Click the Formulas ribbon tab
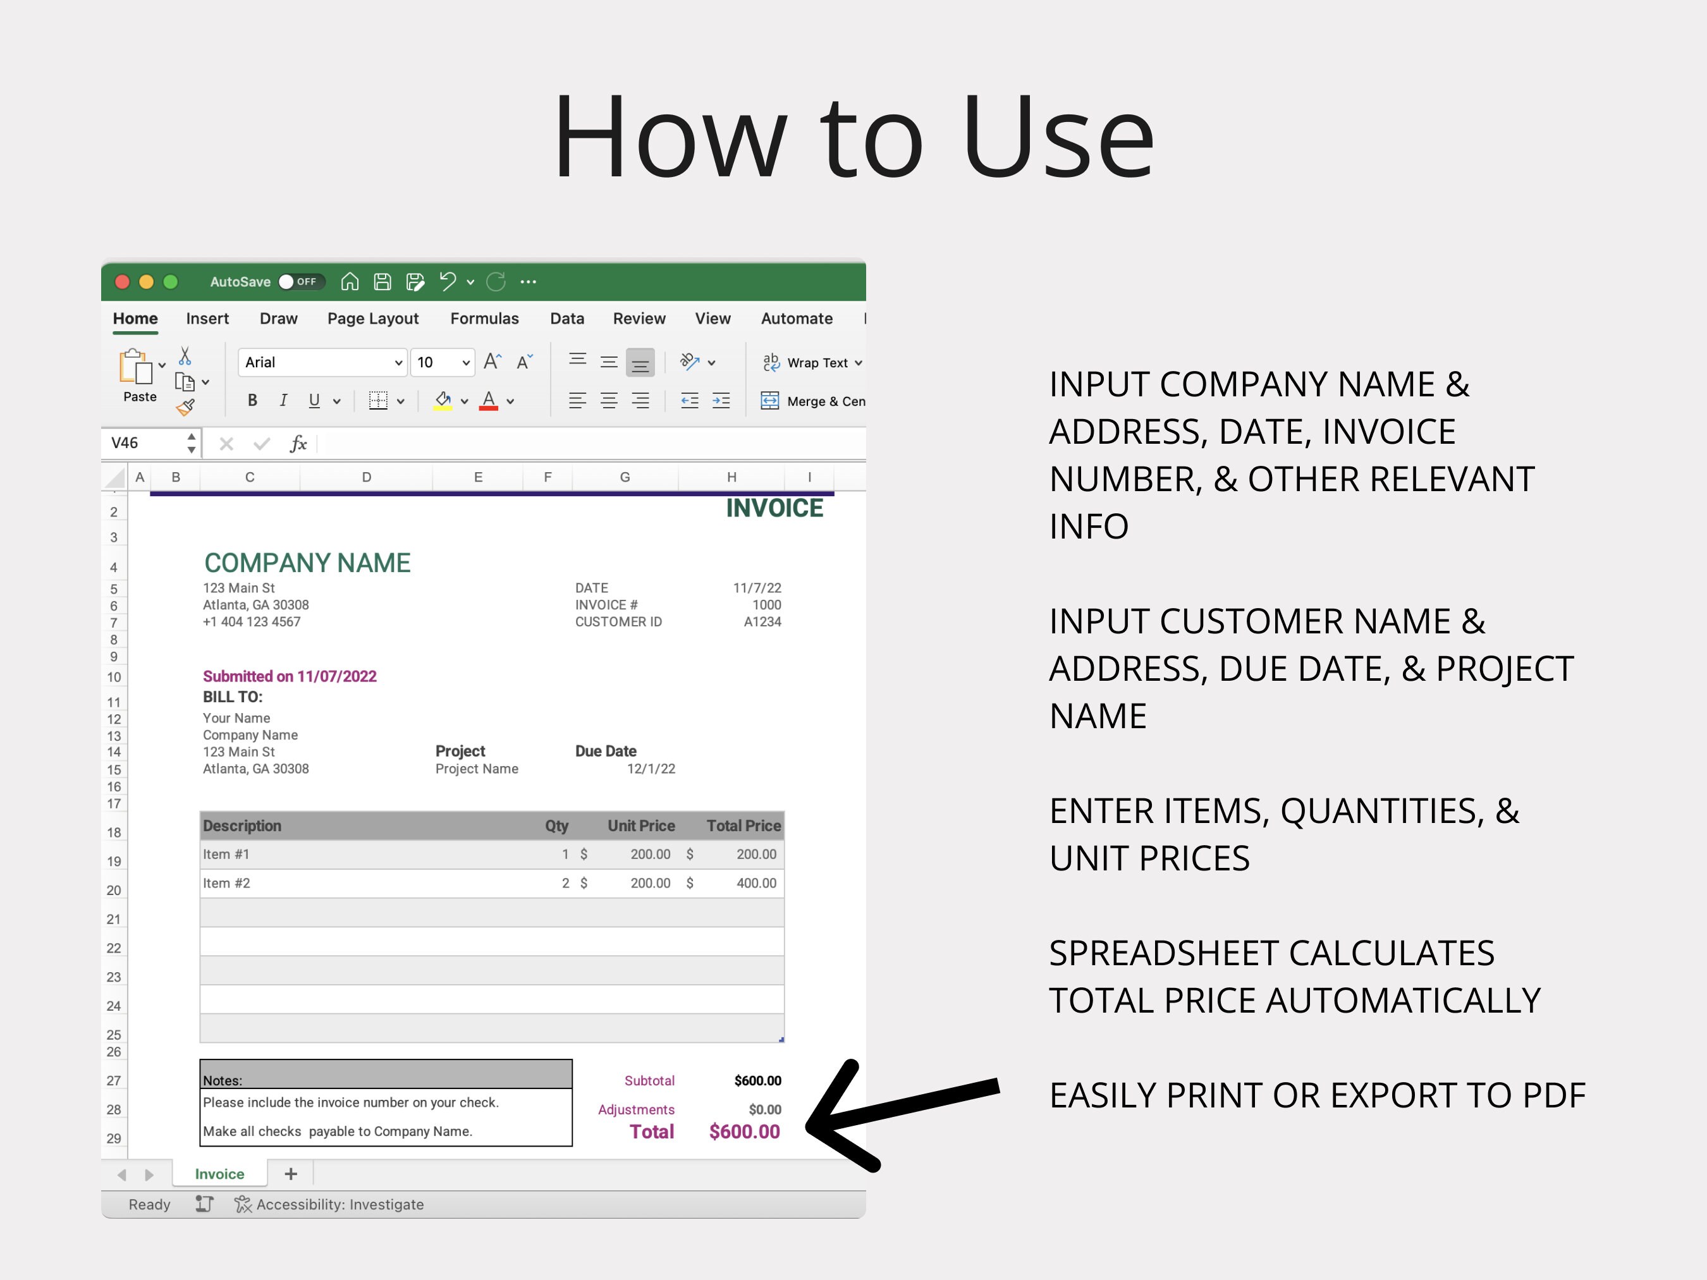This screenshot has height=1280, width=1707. (x=484, y=319)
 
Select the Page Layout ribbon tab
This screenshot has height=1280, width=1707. (x=373, y=319)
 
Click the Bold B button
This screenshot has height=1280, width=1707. (x=252, y=400)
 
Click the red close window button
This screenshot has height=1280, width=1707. (x=122, y=282)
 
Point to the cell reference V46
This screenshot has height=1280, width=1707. (x=125, y=443)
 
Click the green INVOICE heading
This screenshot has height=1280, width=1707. (x=774, y=508)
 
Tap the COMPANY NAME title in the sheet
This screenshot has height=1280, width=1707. (x=307, y=563)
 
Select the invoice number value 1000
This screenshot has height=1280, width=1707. (x=766, y=605)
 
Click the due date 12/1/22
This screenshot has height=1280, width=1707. (x=651, y=769)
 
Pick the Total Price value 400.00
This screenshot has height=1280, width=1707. (x=756, y=882)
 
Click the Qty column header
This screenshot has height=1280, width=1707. (x=556, y=826)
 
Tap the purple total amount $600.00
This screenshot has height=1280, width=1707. (x=744, y=1132)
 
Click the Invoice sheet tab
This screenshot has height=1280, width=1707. (x=219, y=1174)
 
